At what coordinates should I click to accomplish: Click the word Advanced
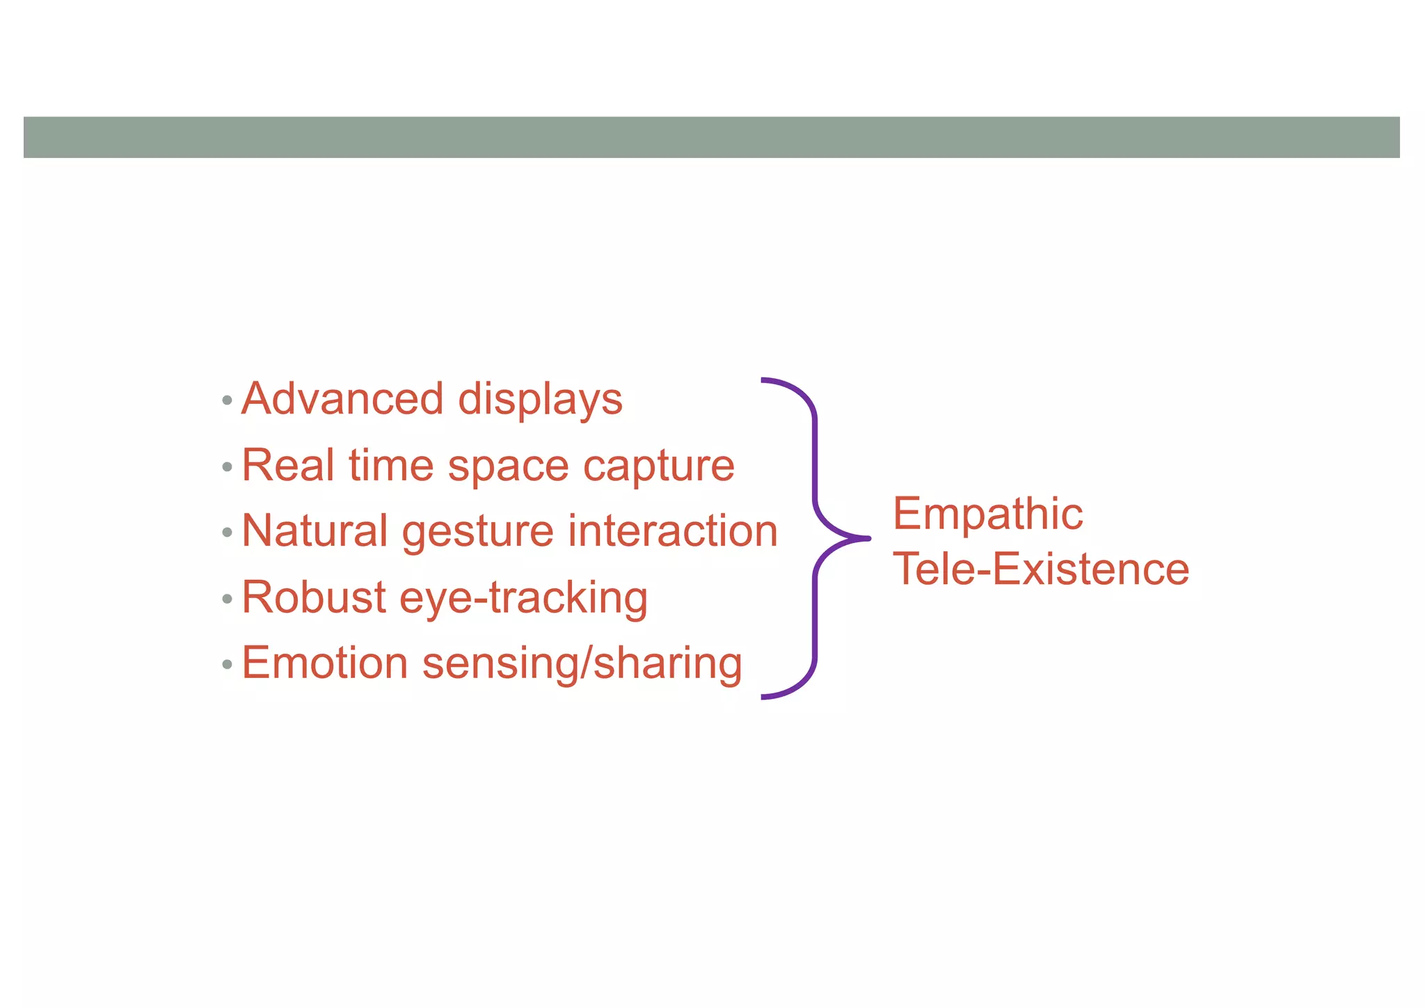(342, 399)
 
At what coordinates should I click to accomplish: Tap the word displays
(540, 400)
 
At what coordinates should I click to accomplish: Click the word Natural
(315, 531)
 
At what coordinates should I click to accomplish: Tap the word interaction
(672, 531)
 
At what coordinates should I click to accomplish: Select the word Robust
(313, 597)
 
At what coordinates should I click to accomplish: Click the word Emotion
(324, 663)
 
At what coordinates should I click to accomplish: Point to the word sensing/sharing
(582, 664)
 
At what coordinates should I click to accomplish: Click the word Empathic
(987, 515)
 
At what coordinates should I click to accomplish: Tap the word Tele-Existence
(1041, 569)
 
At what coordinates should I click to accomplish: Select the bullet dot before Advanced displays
(227, 401)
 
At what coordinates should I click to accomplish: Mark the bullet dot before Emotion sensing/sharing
(227, 665)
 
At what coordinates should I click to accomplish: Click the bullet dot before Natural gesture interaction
(227, 533)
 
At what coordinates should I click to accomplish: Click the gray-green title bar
(711, 137)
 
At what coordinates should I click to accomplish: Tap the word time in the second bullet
(391, 465)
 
